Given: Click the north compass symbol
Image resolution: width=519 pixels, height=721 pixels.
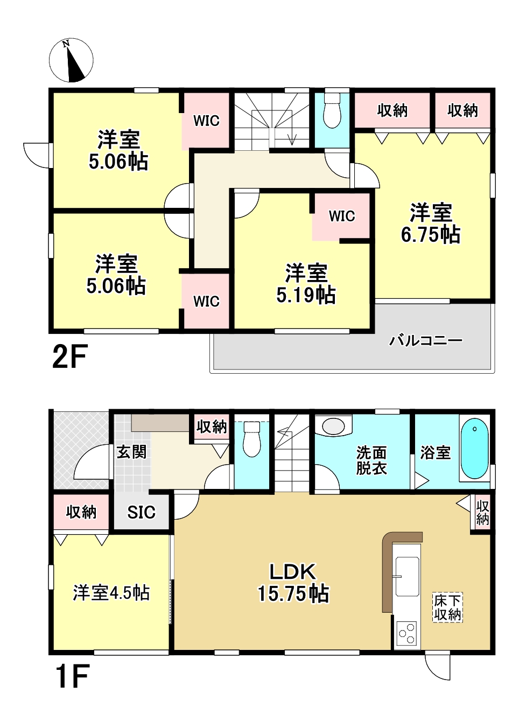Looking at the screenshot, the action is (71, 60).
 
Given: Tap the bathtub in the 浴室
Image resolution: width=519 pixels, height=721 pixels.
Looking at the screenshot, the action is (475, 448).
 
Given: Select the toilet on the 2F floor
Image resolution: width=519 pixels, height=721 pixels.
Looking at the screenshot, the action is (332, 111).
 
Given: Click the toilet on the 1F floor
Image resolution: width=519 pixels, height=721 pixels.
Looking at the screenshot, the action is (251, 439).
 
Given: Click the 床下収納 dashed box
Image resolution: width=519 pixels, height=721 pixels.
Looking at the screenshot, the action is (447, 607).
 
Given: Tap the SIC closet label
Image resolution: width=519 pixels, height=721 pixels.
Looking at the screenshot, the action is (141, 512).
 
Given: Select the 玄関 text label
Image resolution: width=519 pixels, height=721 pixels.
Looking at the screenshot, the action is (131, 452).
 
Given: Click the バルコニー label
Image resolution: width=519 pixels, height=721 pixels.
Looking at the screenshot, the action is (426, 340).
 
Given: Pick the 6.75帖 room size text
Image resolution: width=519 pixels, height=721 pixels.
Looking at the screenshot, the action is (431, 235).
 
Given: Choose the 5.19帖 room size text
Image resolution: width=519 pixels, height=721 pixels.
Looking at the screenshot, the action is (306, 296).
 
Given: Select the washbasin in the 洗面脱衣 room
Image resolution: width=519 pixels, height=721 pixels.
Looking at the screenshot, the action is (333, 426).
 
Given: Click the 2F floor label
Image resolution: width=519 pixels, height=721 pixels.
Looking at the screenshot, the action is (70, 356).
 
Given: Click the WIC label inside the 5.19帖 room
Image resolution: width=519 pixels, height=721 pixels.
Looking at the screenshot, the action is (342, 216).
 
